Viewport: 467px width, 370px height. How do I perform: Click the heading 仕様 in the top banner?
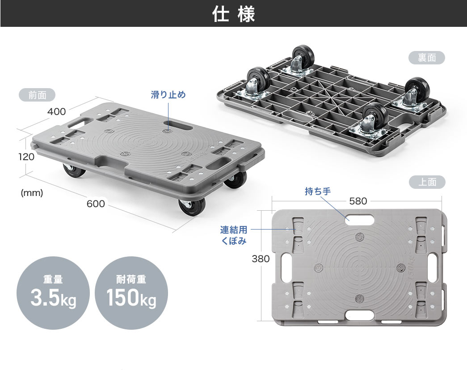pos(233,14)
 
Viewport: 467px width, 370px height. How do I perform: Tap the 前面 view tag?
pos(37,95)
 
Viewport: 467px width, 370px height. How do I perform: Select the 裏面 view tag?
pos(427,58)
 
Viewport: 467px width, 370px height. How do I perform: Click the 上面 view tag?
pos(427,182)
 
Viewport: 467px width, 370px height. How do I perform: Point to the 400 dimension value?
pos(57,111)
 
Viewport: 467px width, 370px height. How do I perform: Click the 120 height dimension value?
pos(26,157)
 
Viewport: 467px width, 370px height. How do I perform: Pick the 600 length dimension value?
pos(96,204)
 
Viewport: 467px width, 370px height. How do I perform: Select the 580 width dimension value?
pos(358,201)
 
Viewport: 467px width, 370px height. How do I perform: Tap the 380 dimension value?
pos(261,259)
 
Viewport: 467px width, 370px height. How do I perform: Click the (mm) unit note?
pos(32,193)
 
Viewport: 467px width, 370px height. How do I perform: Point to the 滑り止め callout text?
pos(168,95)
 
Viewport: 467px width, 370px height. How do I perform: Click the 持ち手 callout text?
pos(318,191)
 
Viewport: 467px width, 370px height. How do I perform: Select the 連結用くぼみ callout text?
pos(233,235)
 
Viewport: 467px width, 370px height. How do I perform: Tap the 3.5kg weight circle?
pos(53,293)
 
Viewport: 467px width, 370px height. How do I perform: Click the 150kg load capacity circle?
pos(131,293)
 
